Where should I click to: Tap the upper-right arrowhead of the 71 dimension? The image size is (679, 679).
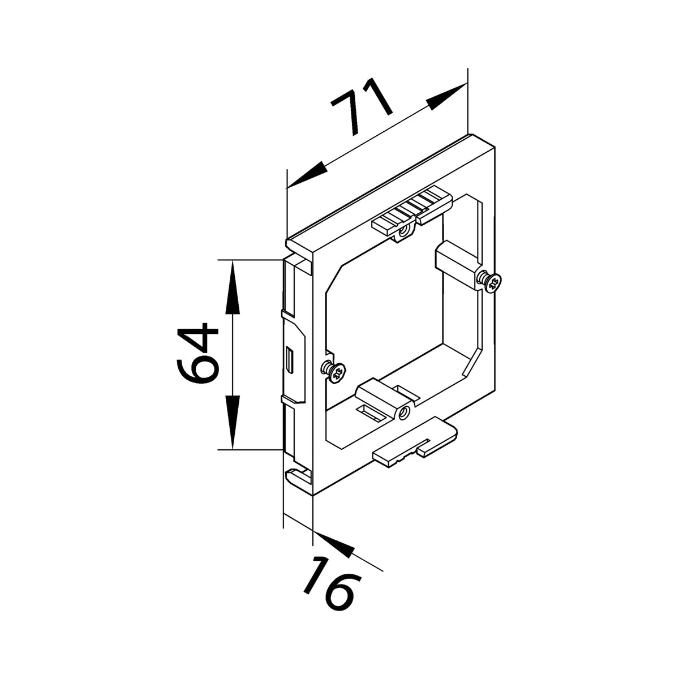[x=446, y=97]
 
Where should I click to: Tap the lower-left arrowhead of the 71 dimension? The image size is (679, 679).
[x=307, y=175]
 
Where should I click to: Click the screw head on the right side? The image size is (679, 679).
[x=492, y=282]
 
